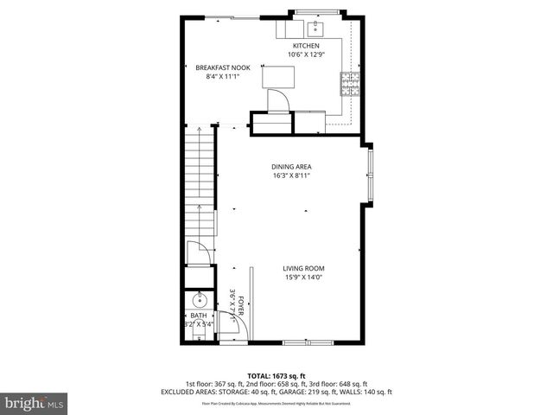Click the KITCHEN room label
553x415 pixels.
coord(306,46)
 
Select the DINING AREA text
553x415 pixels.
coord(291,167)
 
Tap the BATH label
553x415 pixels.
coord(199,316)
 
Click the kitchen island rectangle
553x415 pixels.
coord(277,78)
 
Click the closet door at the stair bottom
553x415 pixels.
coord(199,253)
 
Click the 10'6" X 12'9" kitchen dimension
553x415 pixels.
coord(306,55)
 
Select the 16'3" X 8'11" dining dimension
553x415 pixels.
coord(291,176)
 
